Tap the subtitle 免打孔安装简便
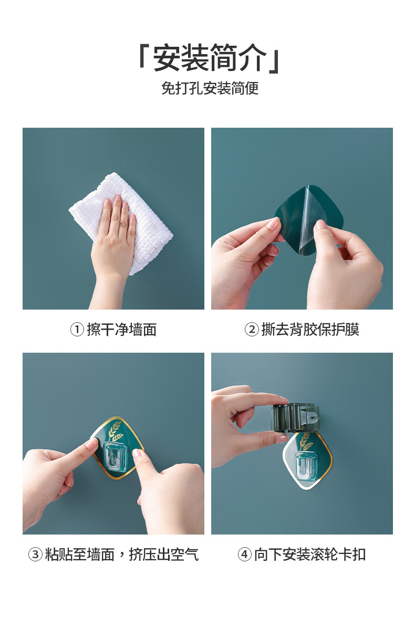pyautogui.click(x=210, y=88)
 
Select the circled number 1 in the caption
pyautogui.click(x=77, y=330)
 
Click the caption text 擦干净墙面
pyautogui.click(x=121, y=330)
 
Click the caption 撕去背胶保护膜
pyautogui.click(x=310, y=330)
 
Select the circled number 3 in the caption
pyautogui.click(x=35, y=555)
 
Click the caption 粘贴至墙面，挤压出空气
pyautogui.click(x=121, y=555)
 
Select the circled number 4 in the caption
pyautogui.click(x=245, y=555)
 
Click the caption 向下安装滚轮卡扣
pyautogui.click(x=310, y=555)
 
